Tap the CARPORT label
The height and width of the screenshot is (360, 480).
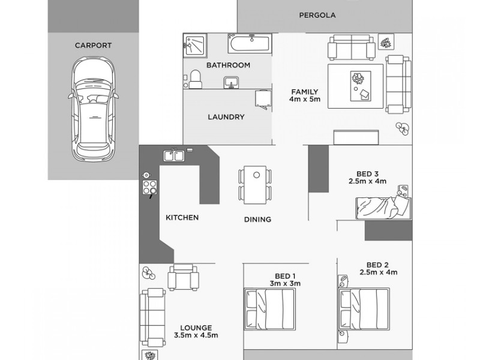93,45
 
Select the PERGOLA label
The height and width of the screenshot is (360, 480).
317,15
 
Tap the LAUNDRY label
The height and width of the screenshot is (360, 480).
226,117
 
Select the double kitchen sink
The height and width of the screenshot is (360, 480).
174,155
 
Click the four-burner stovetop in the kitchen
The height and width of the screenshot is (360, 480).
148,185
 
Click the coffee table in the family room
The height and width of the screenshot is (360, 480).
358,86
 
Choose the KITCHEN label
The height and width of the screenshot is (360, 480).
182,218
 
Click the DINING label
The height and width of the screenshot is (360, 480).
257,219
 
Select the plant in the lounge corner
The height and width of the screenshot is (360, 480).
148,274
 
